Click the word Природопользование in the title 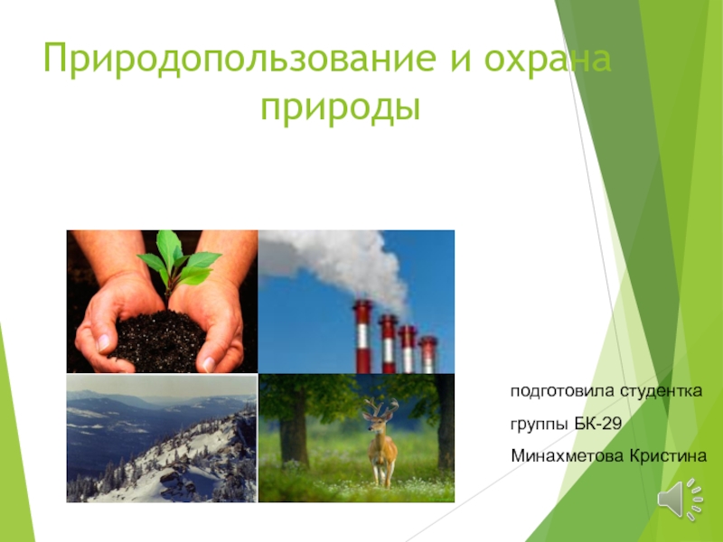tap(239, 60)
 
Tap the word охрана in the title tap(548, 60)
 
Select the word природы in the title tap(341, 108)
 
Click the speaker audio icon tap(681, 500)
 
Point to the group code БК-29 tap(598, 423)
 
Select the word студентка tap(661, 391)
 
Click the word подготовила tap(562, 391)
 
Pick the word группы tap(540, 424)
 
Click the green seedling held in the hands tap(177, 263)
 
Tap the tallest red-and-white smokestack tap(363, 336)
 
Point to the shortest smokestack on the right tap(427, 354)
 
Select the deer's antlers tap(380, 406)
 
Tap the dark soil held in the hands tap(159, 341)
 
